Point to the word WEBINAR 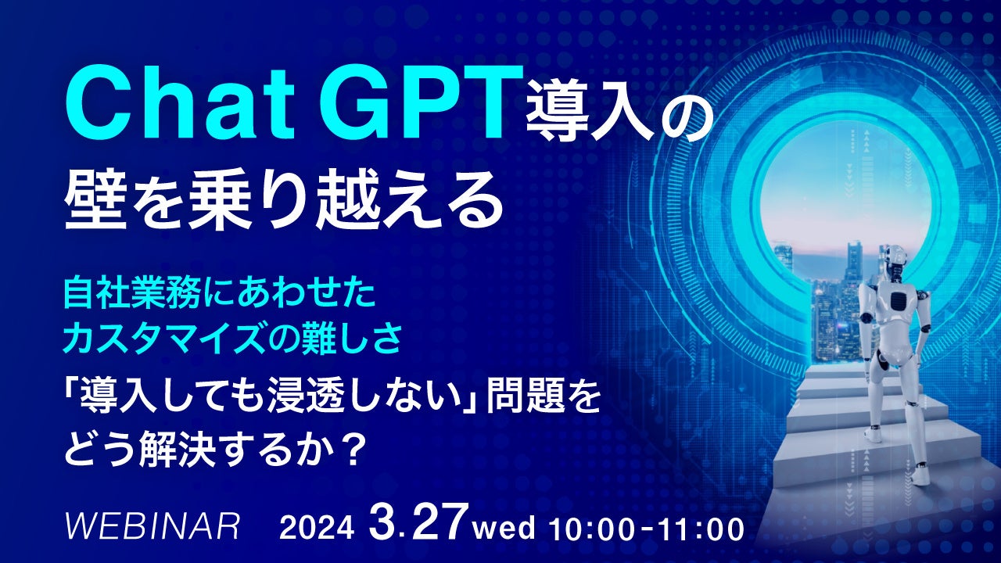coord(152,527)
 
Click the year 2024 coord(317,529)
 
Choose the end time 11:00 coord(701,529)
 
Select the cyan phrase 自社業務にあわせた coord(219,295)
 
